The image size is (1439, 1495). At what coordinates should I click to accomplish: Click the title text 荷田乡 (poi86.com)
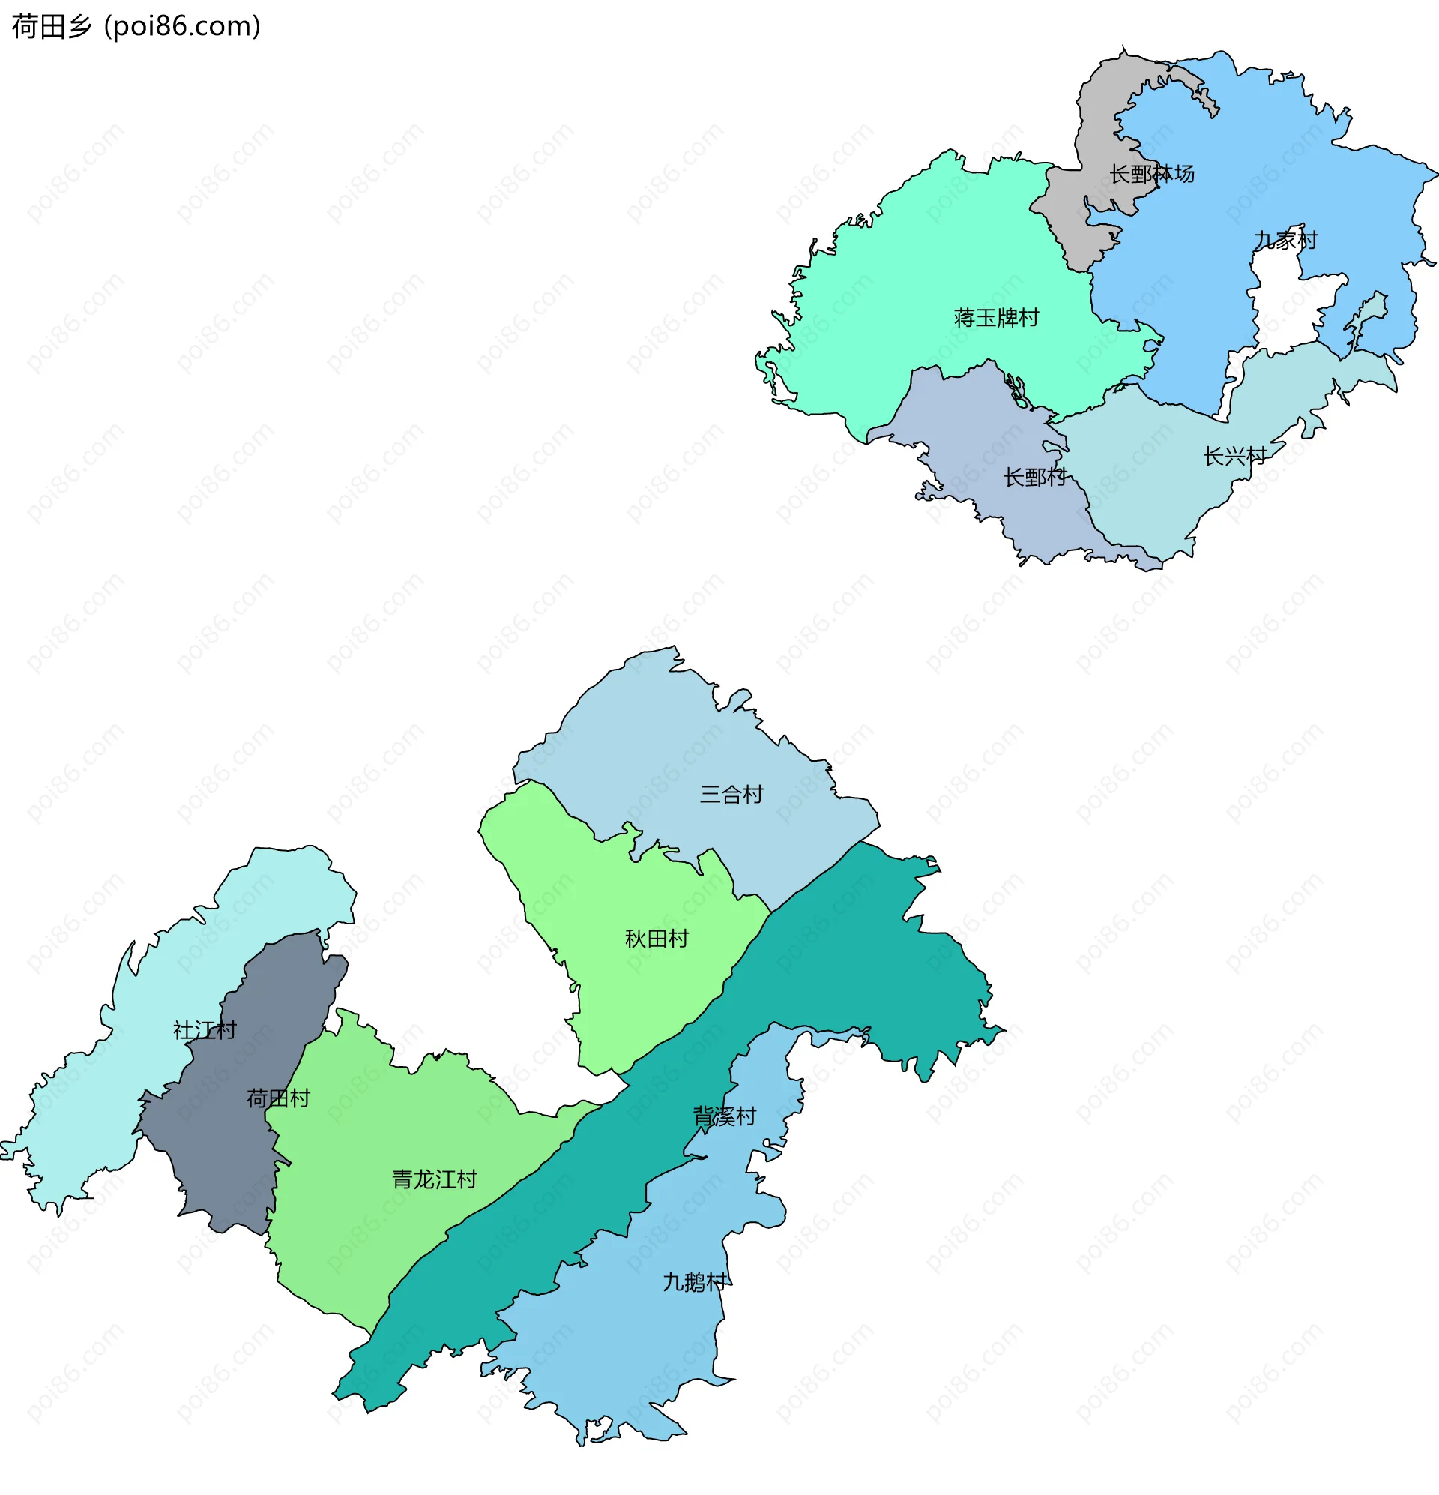pyautogui.click(x=136, y=27)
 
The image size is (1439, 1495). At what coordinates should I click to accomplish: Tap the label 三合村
pyautogui.click(x=731, y=795)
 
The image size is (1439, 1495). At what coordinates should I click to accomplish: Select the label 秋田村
pyautogui.click(x=656, y=939)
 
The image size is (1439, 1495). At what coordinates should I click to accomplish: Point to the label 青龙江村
pyautogui.click(x=434, y=1180)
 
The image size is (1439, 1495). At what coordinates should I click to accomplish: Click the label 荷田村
pyautogui.click(x=277, y=1098)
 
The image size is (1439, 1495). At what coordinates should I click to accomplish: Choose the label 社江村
pyautogui.click(x=205, y=1030)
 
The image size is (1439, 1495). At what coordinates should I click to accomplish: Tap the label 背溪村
pyautogui.click(x=724, y=1116)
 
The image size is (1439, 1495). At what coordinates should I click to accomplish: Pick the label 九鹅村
pyautogui.click(x=693, y=1282)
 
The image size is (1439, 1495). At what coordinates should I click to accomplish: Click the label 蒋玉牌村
pyautogui.click(x=996, y=318)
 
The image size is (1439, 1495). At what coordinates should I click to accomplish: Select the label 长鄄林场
pyautogui.click(x=1151, y=174)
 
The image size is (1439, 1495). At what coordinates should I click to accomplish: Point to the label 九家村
pyautogui.click(x=1285, y=240)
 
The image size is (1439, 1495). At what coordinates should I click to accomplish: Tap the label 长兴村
pyautogui.click(x=1234, y=456)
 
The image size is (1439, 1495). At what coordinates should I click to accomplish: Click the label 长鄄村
pyautogui.click(x=1034, y=478)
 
